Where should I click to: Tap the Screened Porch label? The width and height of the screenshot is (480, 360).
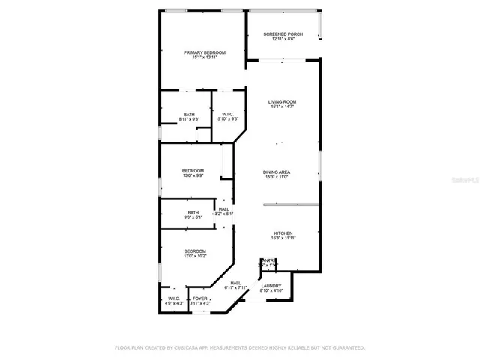[x=283, y=34]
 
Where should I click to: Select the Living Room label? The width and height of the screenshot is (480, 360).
[x=283, y=101]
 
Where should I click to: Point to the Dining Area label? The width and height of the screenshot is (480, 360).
[x=277, y=172]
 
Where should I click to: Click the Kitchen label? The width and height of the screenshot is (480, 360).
[x=283, y=233]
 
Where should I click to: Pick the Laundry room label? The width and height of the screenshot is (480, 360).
[x=271, y=286]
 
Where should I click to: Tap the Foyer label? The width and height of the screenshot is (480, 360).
[x=199, y=298]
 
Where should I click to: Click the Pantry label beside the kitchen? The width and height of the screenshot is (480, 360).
[x=268, y=260]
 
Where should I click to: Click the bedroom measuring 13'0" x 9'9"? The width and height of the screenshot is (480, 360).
[x=193, y=171]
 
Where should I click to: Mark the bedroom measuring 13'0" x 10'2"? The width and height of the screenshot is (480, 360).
[x=195, y=251]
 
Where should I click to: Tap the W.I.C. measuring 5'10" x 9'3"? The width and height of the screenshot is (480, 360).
[x=228, y=115]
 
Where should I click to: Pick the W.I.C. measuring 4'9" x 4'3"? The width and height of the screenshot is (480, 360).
[x=173, y=298]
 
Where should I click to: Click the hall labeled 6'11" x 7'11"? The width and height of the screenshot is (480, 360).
[x=235, y=284]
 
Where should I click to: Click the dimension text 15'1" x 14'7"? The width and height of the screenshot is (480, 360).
[x=283, y=107]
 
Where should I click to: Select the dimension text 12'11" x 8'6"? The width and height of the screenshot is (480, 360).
[x=283, y=40]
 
